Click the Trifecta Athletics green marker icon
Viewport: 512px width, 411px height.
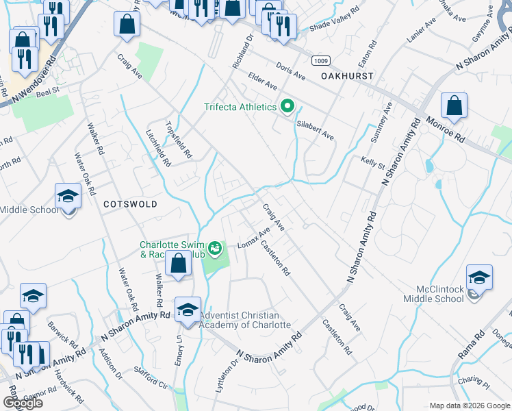coord(287,107)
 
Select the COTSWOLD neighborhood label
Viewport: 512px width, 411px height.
coord(130,204)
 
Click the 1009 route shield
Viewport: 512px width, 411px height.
coord(320,61)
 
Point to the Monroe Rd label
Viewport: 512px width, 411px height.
coord(446,129)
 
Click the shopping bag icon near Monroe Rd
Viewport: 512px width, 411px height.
coord(454,107)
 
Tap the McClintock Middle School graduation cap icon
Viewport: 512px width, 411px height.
coord(479,277)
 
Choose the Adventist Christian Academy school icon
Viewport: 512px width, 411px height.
coord(188,310)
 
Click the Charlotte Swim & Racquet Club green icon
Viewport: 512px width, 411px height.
coord(216,248)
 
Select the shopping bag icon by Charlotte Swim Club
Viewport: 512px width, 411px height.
coord(178,264)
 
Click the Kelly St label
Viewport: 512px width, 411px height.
coord(373,164)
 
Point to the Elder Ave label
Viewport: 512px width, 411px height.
coord(263,82)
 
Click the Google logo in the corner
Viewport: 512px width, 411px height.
coord(23,402)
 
